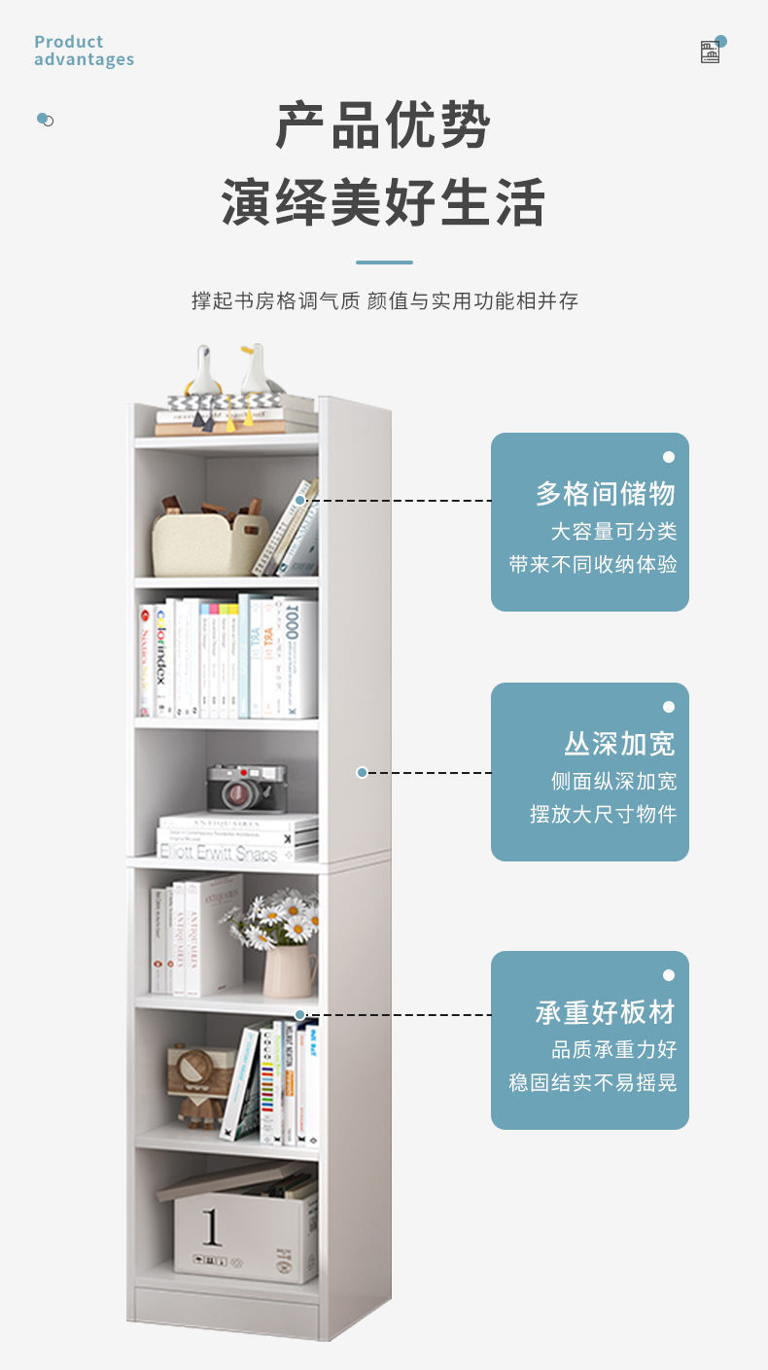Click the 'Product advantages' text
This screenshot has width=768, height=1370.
pyautogui.click(x=84, y=51)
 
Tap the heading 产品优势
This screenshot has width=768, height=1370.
pyautogui.click(x=383, y=125)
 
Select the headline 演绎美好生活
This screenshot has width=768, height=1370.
pyautogui.click(x=383, y=202)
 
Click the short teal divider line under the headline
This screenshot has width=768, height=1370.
pyautogui.click(x=384, y=263)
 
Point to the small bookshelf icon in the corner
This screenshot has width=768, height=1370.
pyautogui.click(x=711, y=53)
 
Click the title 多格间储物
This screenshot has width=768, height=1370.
pyautogui.click(x=605, y=494)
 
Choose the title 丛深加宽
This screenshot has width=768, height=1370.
pyautogui.click(x=619, y=745)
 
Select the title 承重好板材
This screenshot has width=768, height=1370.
pyautogui.click(x=605, y=1013)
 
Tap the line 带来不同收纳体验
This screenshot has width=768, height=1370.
pyautogui.click(x=593, y=565)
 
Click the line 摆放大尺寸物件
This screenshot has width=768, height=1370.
pyautogui.click(x=603, y=815)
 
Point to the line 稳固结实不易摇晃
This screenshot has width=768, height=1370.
pyautogui.click(x=593, y=1083)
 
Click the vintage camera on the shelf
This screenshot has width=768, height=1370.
pyautogui.click(x=246, y=788)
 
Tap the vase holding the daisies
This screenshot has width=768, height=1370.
pyautogui.click(x=289, y=970)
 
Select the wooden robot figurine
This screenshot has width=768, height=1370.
pyautogui.click(x=200, y=1084)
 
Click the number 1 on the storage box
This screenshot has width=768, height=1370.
pyautogui.click(x=211, y=1227)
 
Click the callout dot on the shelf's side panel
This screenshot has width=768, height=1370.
pyautogui.click(x=362, y=773)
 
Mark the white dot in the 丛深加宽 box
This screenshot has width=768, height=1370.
pyautogui.click(x=668, y=707)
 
